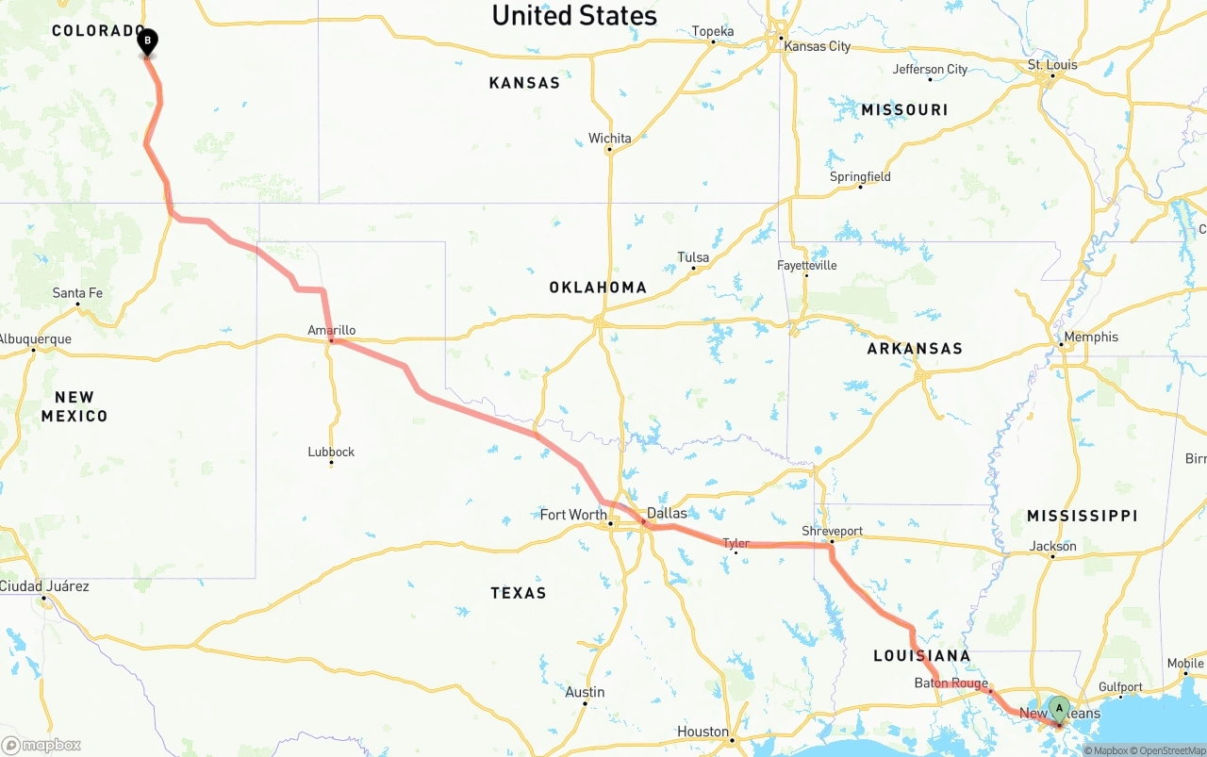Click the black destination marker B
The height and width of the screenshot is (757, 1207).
coord(147,41)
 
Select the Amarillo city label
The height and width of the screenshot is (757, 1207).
coord(332,330)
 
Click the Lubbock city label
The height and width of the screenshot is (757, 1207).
coord(331,452)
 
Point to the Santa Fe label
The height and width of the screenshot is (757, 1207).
coord(77,293)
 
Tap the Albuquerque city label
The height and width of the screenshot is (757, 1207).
coord(35,339)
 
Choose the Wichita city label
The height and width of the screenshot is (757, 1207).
coord(609,139)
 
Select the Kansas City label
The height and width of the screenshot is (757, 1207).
coord(817,46)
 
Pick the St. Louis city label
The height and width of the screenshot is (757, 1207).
coord(1051,65)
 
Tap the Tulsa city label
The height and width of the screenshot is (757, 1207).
coord(693,257)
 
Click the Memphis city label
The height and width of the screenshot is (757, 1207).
coord(1090,337)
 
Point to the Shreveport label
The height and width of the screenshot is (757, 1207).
coord(832,531)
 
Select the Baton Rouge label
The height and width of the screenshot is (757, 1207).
coord(951,683)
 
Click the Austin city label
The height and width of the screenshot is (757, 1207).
coord(585,692)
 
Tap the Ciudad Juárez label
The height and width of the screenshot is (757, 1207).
coord(44,586)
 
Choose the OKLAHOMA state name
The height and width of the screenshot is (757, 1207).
coord(598,288)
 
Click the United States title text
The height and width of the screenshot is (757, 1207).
coord(574,16)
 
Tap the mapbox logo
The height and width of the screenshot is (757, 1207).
coord(41,745)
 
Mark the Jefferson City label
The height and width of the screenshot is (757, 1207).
coord(930,69)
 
